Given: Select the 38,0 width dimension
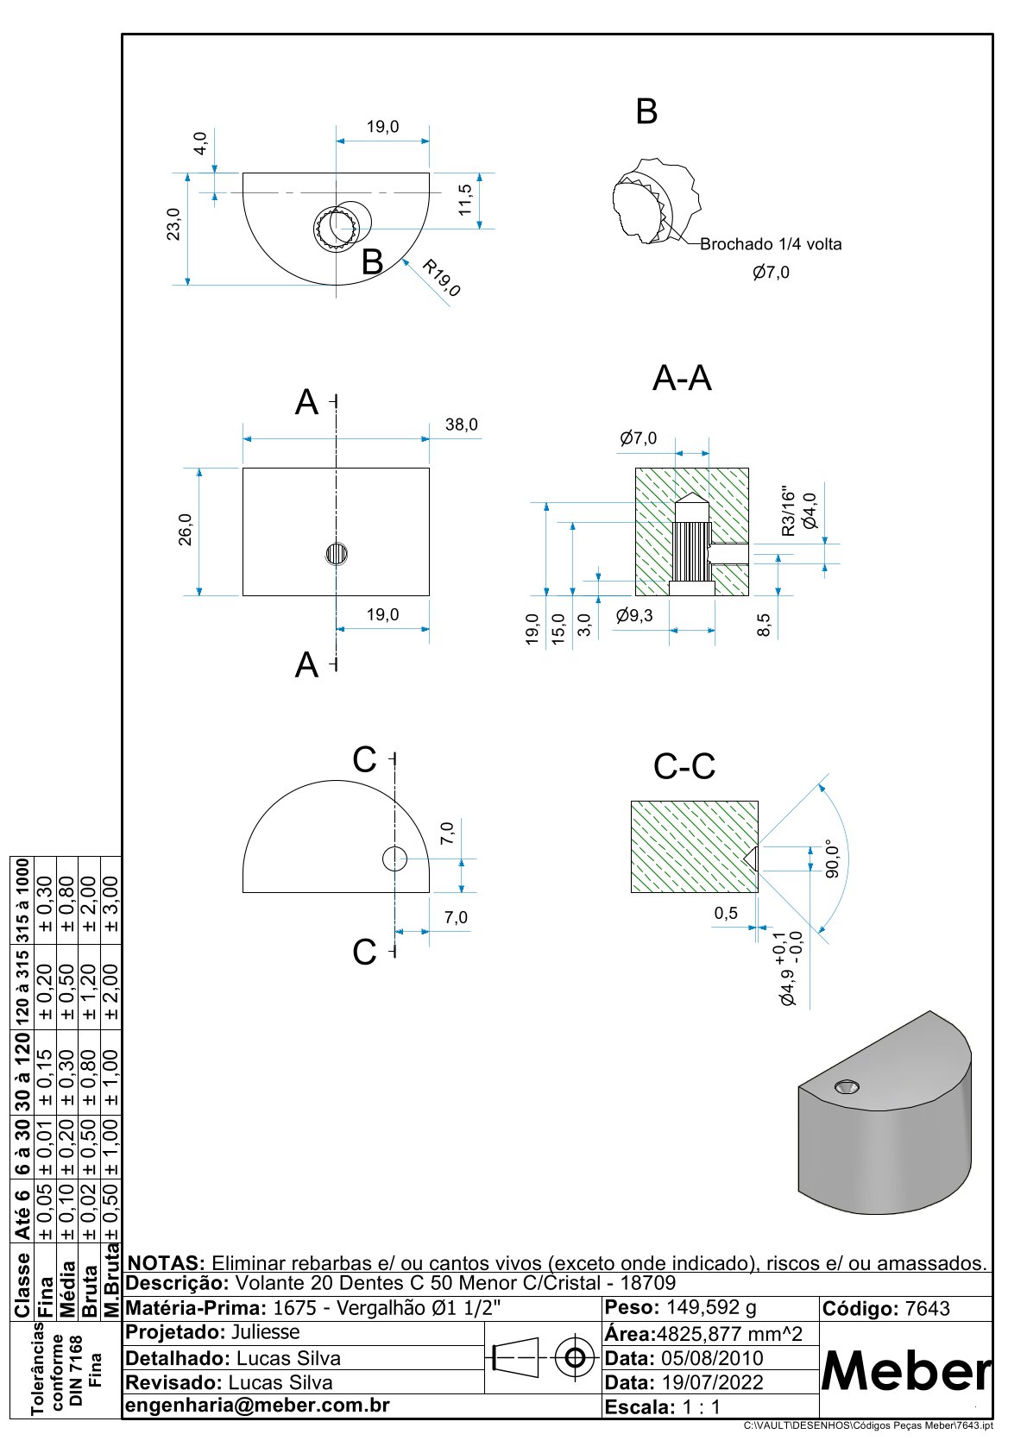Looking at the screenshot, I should pos(462,425).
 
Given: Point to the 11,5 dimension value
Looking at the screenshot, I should pos(465,200).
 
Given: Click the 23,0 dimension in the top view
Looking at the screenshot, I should pos(174,223).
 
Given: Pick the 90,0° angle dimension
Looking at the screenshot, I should pos(833,859).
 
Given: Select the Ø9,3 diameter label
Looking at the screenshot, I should pos(634,616).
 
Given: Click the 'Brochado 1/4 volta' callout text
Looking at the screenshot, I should pos(771,244).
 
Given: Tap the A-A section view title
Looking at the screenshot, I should pos(682,379).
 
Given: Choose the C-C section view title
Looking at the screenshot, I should pos(684,766).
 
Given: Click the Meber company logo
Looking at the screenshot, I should pos(905,1371).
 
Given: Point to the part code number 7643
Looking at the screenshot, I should pos(928,1309).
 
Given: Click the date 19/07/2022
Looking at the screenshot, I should pos(712,1382).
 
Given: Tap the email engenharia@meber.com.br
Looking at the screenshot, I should pos(258,1405).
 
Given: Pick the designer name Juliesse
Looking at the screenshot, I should pos(266,1332).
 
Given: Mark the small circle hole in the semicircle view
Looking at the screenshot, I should pos(394,859).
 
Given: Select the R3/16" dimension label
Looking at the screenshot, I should pos(788,510).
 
